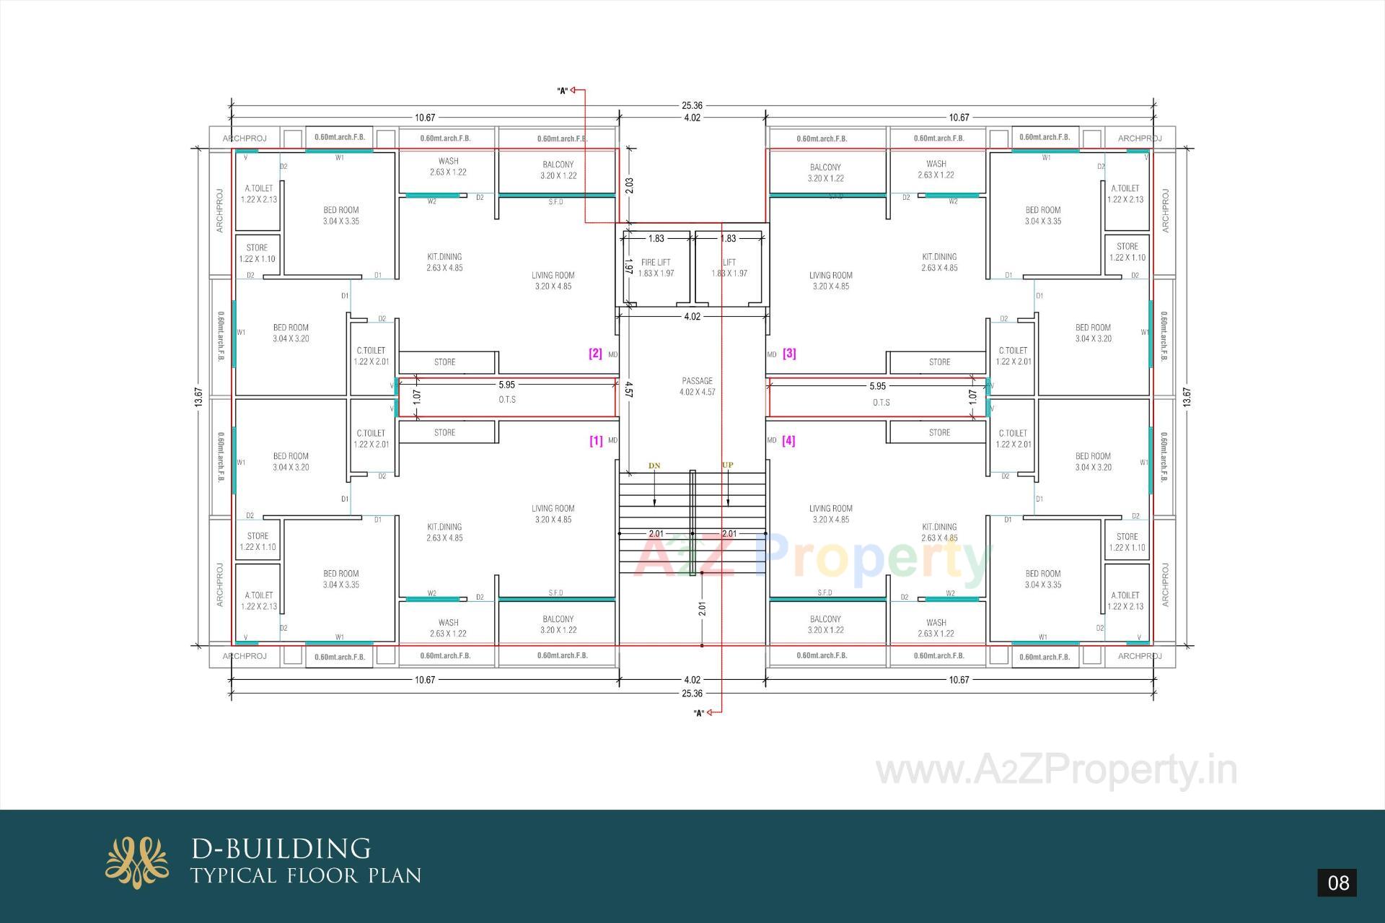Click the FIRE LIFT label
click(656, 263)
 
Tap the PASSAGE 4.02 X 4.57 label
click(697, 386)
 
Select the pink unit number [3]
click(789, 354)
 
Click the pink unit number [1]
click(596, 440)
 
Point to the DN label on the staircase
click(654, 465)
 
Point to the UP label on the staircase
click(727, 465)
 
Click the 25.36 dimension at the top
click(691, 105)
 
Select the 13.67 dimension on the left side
click(199, 398)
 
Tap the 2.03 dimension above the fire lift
click(629, 185)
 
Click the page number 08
click(1337, 883)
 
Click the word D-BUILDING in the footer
click(281, 848)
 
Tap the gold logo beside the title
click(137, 862)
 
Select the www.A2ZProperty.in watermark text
click(1056, 770)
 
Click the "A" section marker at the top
click(563, 91)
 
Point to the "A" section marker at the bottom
click(698, 713)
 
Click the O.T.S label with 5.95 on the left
click(506, 399)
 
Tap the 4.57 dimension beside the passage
click(628, 390)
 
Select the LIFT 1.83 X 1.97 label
click(729, 268)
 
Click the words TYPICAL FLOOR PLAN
click(306, 876)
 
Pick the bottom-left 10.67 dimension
click(425, 680)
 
